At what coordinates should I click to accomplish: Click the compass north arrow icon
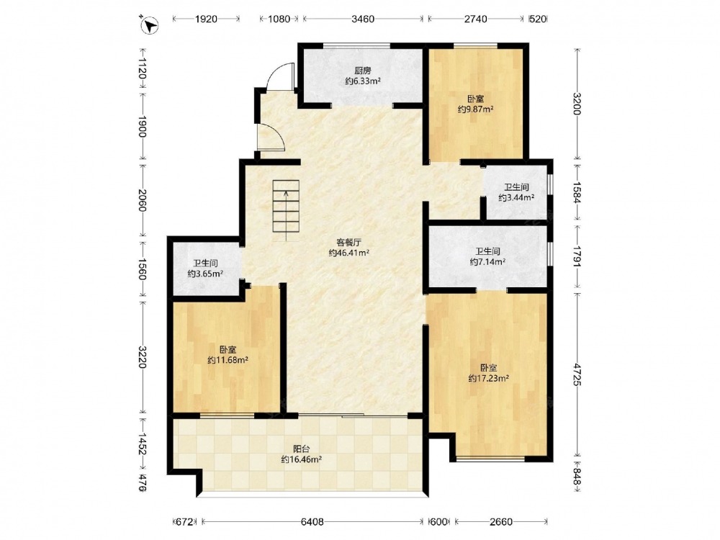click(149, 24)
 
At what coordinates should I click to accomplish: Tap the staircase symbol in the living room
click(286, 210)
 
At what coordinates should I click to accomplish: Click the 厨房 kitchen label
click(362, 71)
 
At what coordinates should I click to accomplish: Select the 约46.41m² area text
click(349, 253)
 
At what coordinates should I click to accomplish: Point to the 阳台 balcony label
click(301, 449)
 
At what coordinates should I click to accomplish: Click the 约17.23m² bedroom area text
click(489, 379)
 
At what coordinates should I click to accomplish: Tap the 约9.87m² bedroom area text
click(476, 109)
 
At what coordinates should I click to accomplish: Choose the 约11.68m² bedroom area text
click(228, 360)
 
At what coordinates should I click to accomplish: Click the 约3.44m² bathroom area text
click(516, 198)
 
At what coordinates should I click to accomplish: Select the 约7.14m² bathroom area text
click(487, 262)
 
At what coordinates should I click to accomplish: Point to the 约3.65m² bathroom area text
click(205, 274)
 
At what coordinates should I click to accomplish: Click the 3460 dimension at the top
click(363, 19)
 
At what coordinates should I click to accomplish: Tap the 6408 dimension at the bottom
click(312, 521)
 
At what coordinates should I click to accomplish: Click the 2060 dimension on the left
click(142, 201)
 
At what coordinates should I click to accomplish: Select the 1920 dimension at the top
click(206, 19)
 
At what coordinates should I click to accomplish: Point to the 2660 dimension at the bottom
click(501, 521)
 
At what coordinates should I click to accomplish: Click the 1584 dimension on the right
click(577, 192)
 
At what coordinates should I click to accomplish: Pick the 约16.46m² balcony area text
click(301, 459)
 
